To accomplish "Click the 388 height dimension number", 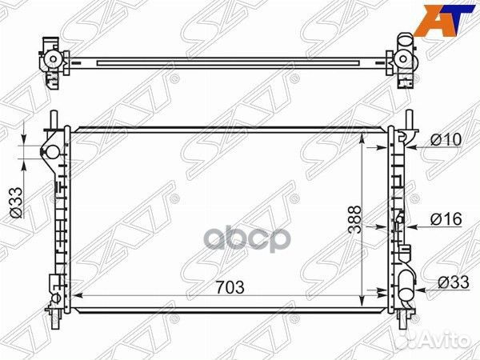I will coord(355,218).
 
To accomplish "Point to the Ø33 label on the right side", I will coord(452,282).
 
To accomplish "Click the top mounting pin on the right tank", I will coord(409,118).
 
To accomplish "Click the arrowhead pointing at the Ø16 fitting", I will coord(406,226).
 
